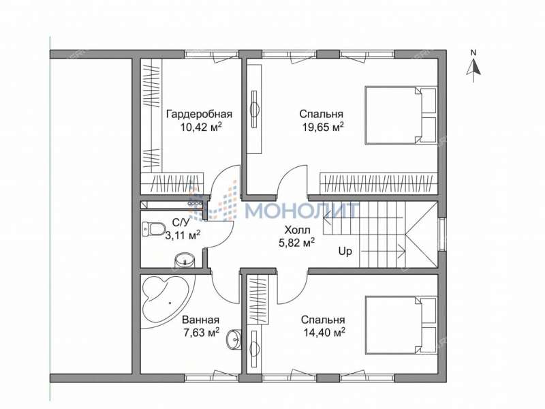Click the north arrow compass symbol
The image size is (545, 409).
[473, 67]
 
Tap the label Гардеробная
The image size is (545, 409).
[199, 114]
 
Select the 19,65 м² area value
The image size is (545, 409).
[323, 127]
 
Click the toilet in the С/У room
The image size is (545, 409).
[154, 229]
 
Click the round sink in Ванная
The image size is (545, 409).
[234, 339]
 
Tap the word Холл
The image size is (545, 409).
[297, 230]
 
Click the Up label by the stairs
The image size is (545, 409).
[345, 251]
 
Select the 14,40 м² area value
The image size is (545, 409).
[324, 333]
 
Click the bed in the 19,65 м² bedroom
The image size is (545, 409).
[401, 115]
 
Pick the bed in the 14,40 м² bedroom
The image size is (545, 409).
[401, 325]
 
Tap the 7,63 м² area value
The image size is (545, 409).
[202, 333]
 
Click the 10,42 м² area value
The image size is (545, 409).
[201, 127]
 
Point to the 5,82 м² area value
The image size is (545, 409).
[297, 243]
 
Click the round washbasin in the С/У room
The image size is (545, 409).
[184, 260]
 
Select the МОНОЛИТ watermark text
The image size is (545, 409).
[302, 210]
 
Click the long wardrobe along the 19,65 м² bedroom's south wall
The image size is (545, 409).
[379, 183]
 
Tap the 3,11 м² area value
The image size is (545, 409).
[183, 235]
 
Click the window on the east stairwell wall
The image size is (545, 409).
[441, 233]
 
